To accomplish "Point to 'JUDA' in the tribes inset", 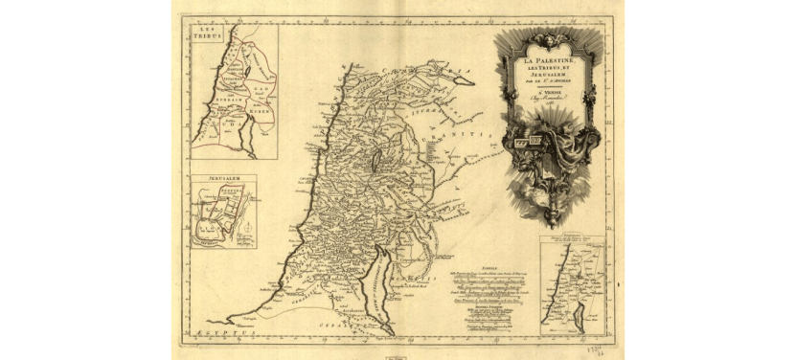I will [227, 122].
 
